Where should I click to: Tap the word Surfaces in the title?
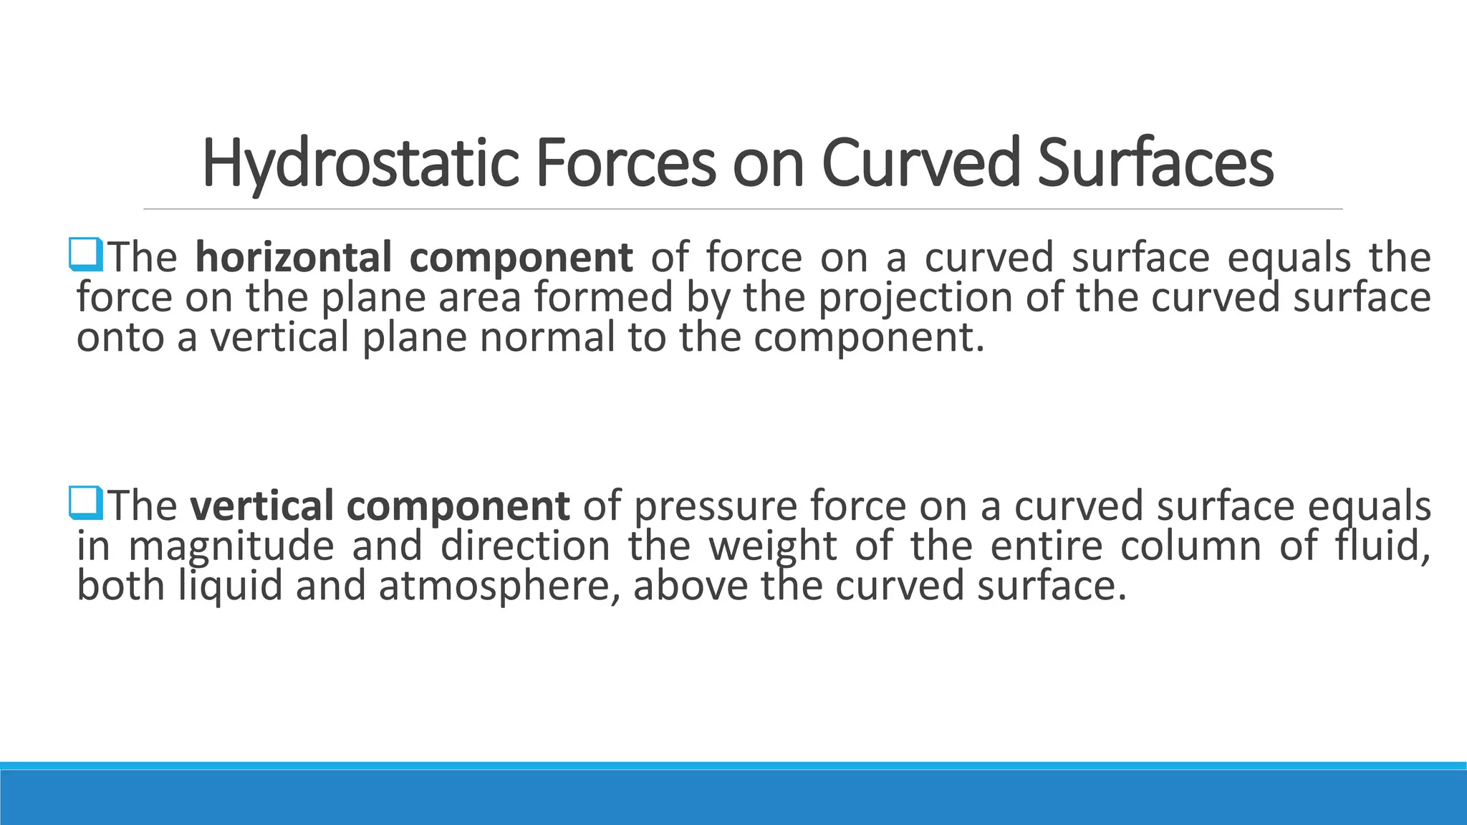(x=1155, y=163)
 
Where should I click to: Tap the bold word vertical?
(x=261, y=506)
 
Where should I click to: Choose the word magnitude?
(x=231, y=546)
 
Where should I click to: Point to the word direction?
(x=525, y=546)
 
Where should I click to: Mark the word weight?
(x=773, y=546)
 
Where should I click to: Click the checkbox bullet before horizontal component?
(x=86, y=256)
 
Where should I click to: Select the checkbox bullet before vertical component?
(x=86, y=503)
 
